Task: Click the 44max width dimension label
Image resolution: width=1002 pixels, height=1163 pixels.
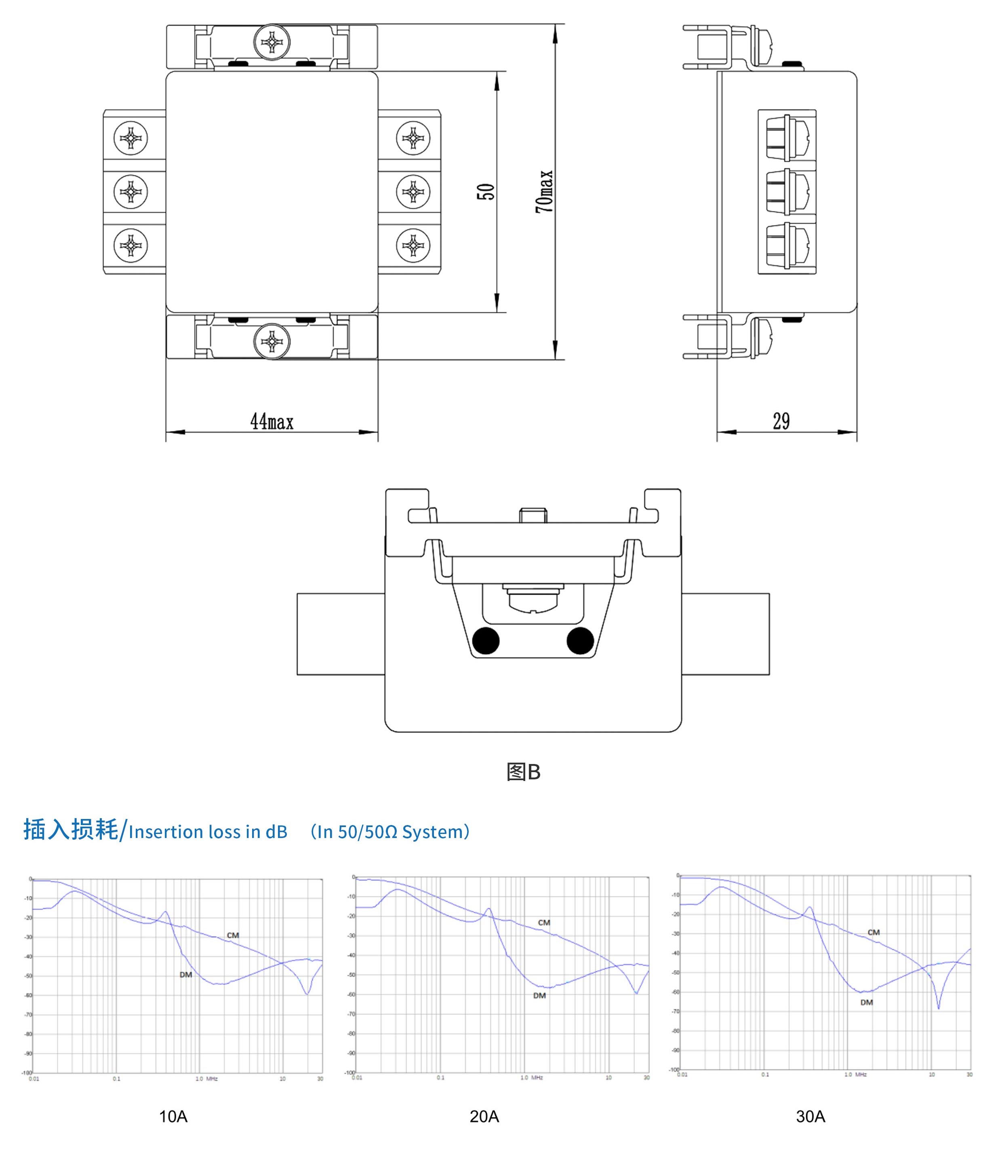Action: click(272, 421)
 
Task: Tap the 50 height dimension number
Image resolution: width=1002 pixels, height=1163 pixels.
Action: click(486, 191)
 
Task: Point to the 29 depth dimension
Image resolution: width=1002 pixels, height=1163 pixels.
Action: click(781, 421)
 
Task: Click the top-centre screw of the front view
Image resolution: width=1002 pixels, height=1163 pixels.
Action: click(272, 42)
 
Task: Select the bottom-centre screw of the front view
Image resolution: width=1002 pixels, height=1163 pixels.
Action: click(272, 341)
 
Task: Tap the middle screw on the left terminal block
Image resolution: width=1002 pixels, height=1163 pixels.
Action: click(131, 191)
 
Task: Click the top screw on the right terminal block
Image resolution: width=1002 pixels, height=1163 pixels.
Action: click(413, 137)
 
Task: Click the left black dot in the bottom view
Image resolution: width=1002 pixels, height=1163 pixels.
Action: click(486, 640)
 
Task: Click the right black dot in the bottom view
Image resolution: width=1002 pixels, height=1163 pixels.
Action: click(580, 640)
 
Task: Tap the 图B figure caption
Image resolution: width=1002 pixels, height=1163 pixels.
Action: click(523, 772)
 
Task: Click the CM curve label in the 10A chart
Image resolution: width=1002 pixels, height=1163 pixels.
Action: click(233, 935)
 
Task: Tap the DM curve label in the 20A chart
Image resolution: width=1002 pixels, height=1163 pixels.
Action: click(539, 995)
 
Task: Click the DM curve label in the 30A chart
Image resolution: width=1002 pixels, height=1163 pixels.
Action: click(866, 1002)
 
